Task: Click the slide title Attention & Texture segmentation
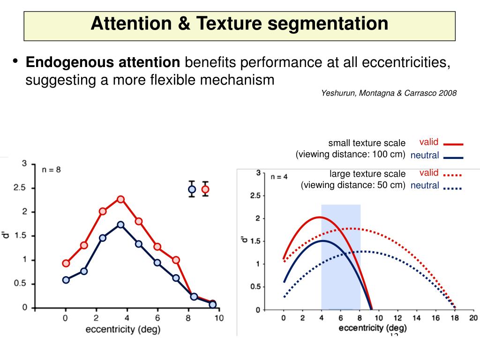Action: [x=240, y=23]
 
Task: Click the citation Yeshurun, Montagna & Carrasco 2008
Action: [x=389, y=93]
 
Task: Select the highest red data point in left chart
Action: [x=120, y=199]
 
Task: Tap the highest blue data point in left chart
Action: [x=120, y=225]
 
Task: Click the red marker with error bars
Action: [x=205, y=189]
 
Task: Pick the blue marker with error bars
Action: [x=192, y=189]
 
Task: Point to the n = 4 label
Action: [x=280, y=177]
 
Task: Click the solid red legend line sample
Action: [x=453, y=144]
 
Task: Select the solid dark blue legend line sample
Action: [x=453, y=157]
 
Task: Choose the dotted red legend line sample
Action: [x=453, y=175]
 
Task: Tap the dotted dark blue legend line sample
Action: [x=453, y=188]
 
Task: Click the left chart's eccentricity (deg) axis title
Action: [x=123, y=330]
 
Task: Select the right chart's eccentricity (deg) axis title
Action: [x=373, y=328]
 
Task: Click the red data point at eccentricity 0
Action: [x=66, y=263]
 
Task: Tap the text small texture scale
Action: [x=367, y=143]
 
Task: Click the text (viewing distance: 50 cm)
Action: [x=353, y=185]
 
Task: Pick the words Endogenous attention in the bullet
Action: [x=103, y=62]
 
